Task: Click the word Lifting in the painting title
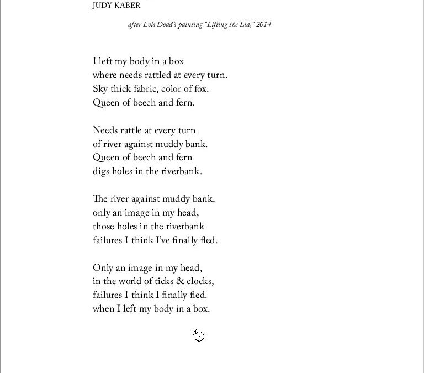tap(215, 24)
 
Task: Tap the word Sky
tap(100, 89)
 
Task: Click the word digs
tap(101, 171)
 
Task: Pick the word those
tap(103, 227)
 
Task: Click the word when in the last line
tap(103, 309)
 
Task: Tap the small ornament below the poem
tap(198, 335)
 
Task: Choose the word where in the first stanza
tap(104, 75)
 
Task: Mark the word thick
tap(120, 89)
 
